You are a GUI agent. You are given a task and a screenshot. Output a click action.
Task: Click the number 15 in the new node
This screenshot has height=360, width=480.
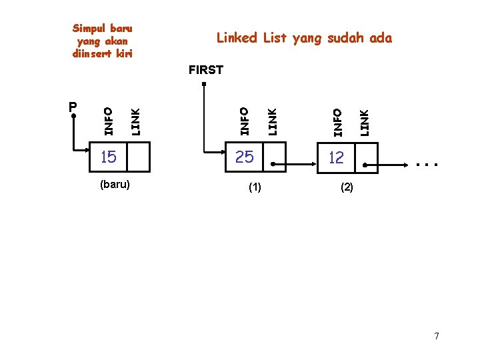[x=108, y=157]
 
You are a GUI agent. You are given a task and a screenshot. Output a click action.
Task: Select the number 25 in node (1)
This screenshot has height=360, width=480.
[x=245, y=157]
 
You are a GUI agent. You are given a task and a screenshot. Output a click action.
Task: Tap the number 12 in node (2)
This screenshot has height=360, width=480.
[x=336, y=157]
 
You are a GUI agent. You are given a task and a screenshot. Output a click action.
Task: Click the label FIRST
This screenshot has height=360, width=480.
[x=206, y=69]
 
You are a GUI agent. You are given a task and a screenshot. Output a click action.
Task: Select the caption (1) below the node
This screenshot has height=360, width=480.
[x=255, y=188]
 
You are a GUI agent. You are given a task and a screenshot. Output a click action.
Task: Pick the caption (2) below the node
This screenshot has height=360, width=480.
[x=347, y=188]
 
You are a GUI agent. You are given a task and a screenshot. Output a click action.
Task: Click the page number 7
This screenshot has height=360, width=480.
[x=437, y=336]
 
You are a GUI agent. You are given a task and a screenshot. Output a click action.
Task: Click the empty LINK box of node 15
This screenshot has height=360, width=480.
[x=138, y=157]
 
